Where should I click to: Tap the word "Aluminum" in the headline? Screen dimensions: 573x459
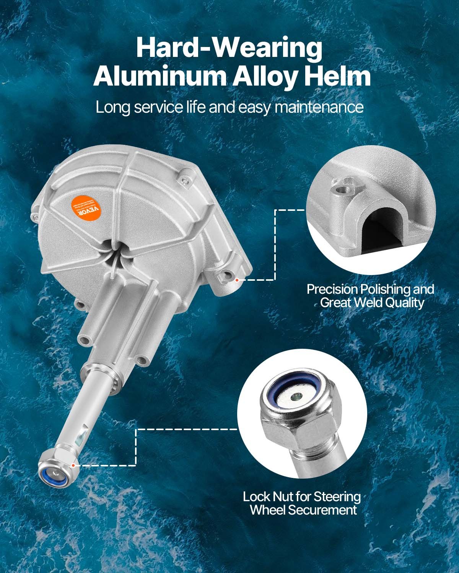pos(160,76)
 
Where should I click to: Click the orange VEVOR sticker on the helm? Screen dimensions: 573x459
pos(88,207)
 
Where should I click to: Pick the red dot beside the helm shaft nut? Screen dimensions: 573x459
pos(73,465)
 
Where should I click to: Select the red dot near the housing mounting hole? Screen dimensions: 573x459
pos(237,280)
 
